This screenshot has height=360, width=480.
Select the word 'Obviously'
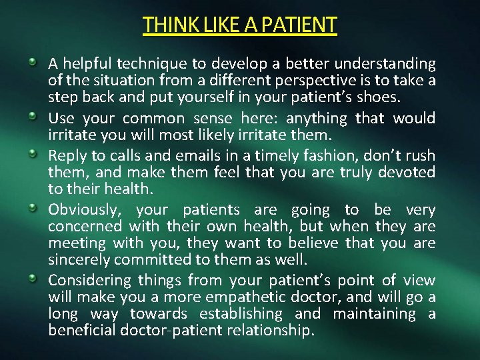84,210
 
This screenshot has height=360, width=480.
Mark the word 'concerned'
80,227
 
